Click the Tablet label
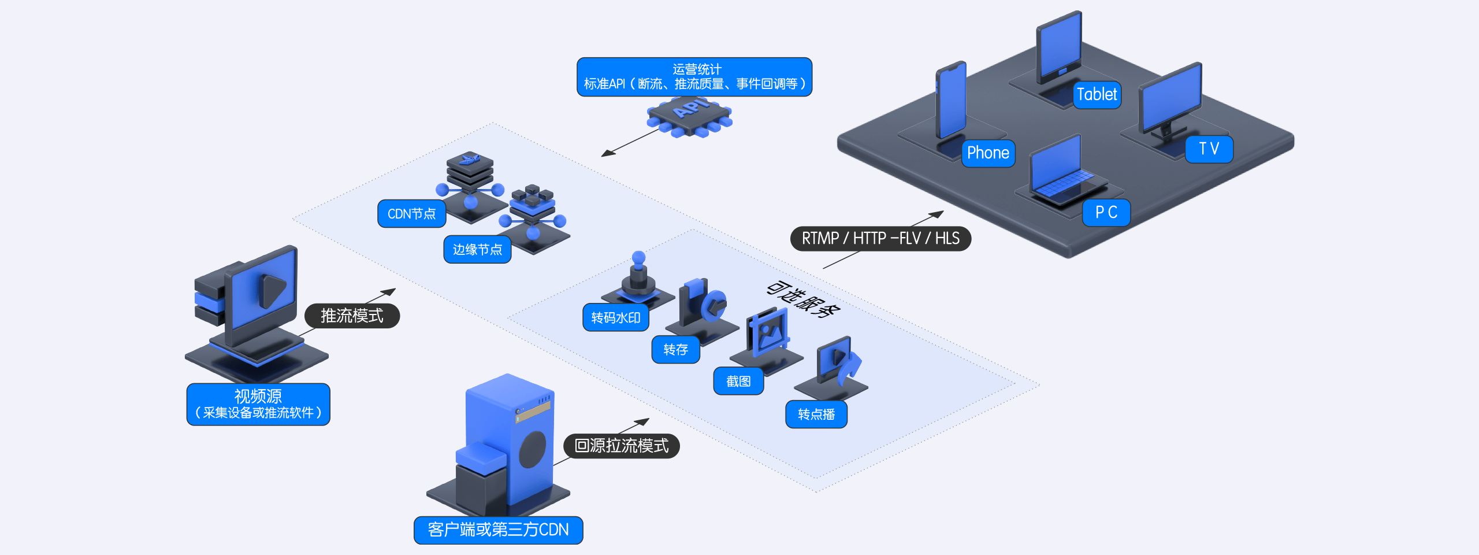tap(1097, 94)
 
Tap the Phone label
tap(988, 153)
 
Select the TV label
tap(1209, 149)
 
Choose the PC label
tap(1106, 213)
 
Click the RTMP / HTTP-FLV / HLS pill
tap(880, 238)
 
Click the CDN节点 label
tap(411, 214)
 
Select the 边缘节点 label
tap(477, 250)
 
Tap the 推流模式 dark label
tap(352, 316)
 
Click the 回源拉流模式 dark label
tap(621, 446)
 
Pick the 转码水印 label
tap(616, 318)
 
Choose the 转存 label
tap(675, 350)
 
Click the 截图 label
tap(738, 382)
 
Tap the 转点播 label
tap(816, 415)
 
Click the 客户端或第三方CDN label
tap(498, 530)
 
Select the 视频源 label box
tap(258, 404)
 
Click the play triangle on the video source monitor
tap(272, 290)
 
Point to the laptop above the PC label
tap(1060, 173)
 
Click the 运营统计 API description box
tap(694, 77)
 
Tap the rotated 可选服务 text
tap(803, 299)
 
